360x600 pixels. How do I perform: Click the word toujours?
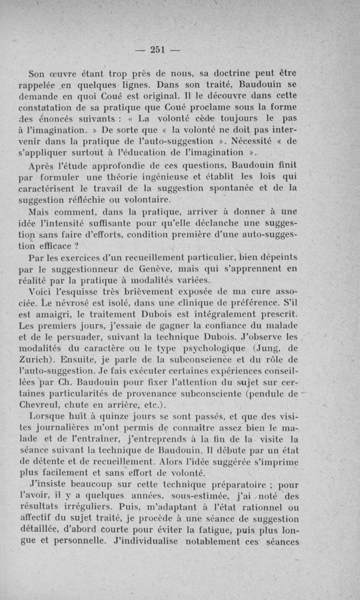click(232, 120)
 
